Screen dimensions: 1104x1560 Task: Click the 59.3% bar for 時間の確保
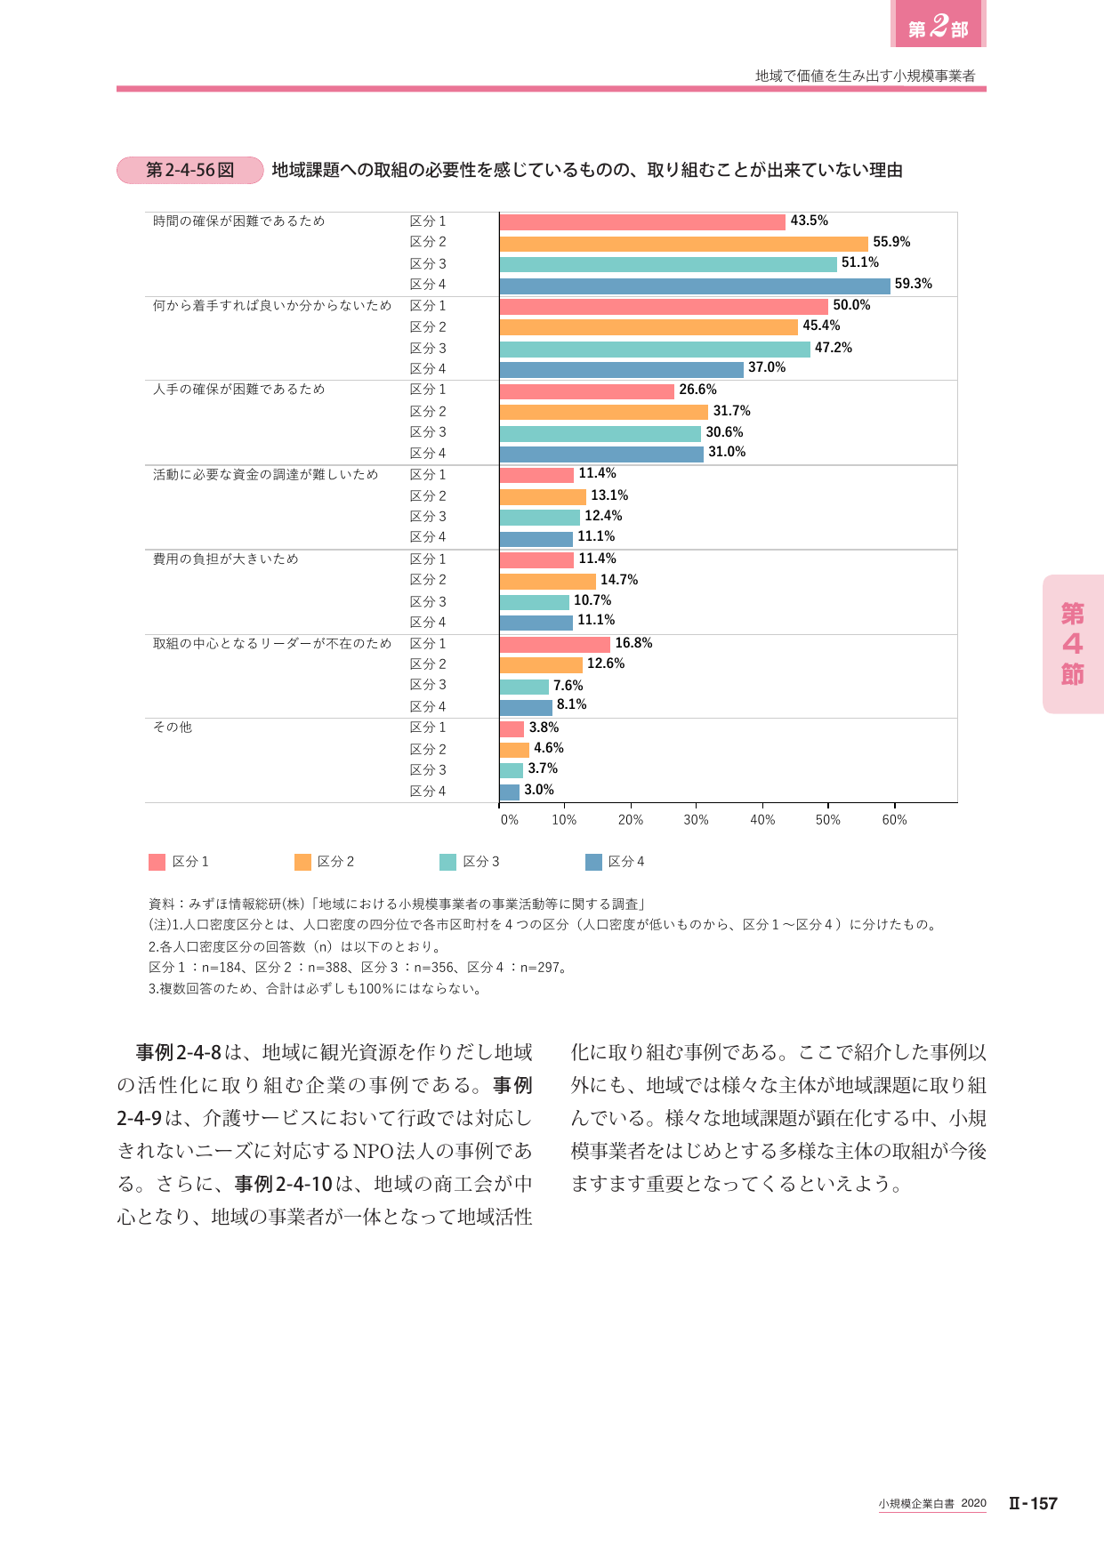click(x=695, y=285)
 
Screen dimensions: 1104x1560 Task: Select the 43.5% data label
click(x=810, y=221)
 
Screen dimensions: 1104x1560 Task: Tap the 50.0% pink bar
click(x=664, y=307)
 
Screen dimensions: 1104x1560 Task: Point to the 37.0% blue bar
click(x=622, y=370)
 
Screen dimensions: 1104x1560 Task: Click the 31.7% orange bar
click(x=604, y=412)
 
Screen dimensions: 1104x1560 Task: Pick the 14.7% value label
click(x=619, y=580)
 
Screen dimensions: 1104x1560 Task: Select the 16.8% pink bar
click(x=555, y=645)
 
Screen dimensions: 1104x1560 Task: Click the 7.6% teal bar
click(x=525, y=687)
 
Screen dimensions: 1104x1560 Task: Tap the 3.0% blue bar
click(x=510, y=792)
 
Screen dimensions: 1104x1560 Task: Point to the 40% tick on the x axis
click(x=762, y=820)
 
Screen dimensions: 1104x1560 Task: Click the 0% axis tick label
click(x=510, y=820)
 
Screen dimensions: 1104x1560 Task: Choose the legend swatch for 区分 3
click(x=447, y=862)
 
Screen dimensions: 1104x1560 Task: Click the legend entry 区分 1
click(x=179, y=862)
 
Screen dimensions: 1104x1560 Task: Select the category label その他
click(x=173, y=728)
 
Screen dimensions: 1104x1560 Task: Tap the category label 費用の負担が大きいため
click(x=226, y=559)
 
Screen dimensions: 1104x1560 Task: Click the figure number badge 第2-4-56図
click(x=190, y=170)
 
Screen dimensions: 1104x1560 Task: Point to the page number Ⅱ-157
click(x=1033, y=1503)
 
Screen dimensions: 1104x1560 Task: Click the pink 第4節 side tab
click(x=1073, y=644)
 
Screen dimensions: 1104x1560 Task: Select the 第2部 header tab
click(x=939, y=24)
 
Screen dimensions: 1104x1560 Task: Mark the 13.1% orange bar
click(x=544, y=496)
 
